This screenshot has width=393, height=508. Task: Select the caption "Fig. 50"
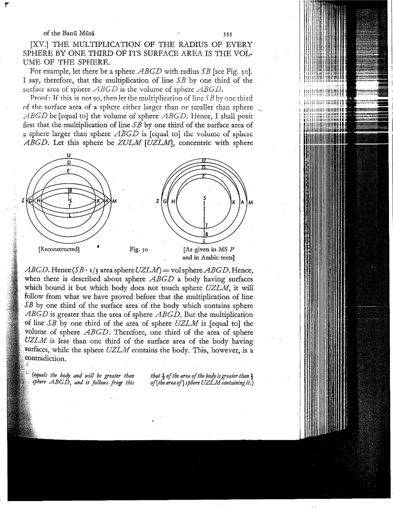click(139, 249)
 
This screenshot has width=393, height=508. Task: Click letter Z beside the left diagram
click(23, 201)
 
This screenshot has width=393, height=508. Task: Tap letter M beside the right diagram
click(251, 203)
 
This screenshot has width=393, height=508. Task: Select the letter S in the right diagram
click(205, 198)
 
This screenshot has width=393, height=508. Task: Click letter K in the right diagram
click(234, 203)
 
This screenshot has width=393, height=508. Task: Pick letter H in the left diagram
click(38, 201)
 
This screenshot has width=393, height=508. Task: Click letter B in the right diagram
click(206, 234)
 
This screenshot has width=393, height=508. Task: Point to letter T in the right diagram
click(206, 226)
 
